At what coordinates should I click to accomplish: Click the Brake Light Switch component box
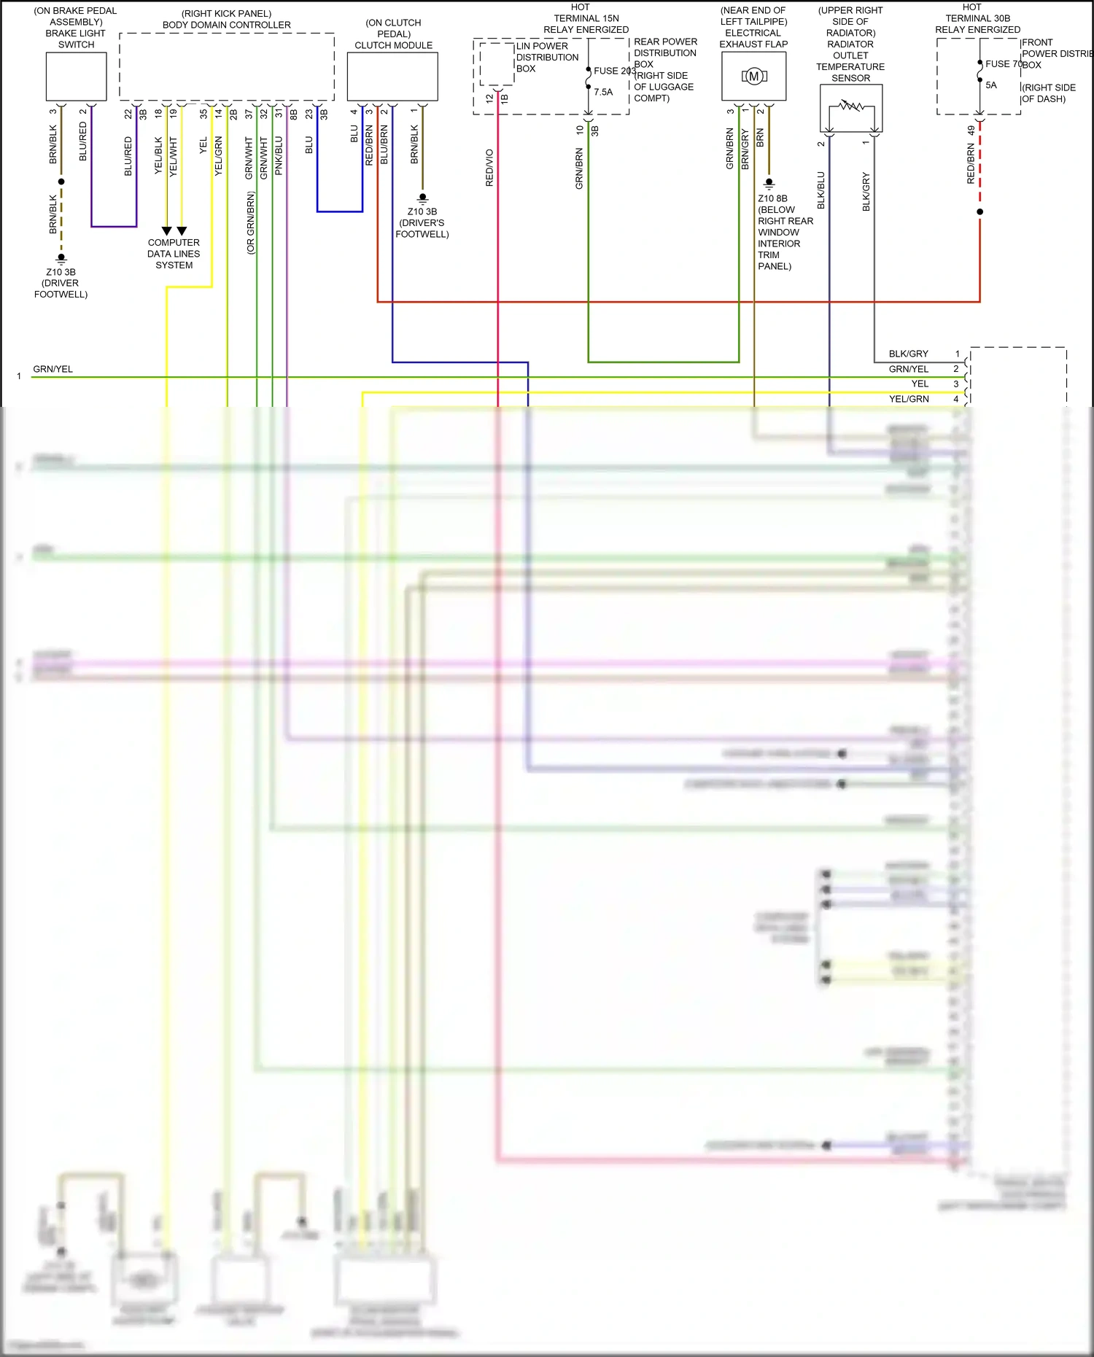(76, 77)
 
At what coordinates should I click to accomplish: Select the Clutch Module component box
(392, 77)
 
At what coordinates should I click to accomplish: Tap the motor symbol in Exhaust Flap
(754, 77)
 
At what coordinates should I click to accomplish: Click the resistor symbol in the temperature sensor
(851, 106)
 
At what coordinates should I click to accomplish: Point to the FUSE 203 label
(614, 71)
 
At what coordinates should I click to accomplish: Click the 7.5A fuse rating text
(603, 92)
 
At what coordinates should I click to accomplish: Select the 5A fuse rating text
(991, 85)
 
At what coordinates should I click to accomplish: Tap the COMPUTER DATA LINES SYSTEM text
(174, 254)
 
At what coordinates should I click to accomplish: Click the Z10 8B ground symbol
(769, 184)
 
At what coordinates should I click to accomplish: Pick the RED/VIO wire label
(489, 168)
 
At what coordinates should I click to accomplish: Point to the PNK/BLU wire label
(279, 155)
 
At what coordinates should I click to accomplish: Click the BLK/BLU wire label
(821, 190)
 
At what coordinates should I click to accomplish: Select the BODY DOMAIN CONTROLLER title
(226, 25)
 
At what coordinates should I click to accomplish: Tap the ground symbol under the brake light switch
(61, 258)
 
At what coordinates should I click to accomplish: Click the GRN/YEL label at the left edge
(53, 369)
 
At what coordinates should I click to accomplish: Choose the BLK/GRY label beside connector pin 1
(908, 354)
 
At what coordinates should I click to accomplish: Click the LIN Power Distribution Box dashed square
(497, 64)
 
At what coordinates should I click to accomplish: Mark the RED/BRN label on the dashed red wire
(971, 163)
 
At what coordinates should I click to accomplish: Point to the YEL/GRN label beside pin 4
(909, 399)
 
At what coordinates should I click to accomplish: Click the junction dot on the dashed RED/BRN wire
(979, 212)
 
